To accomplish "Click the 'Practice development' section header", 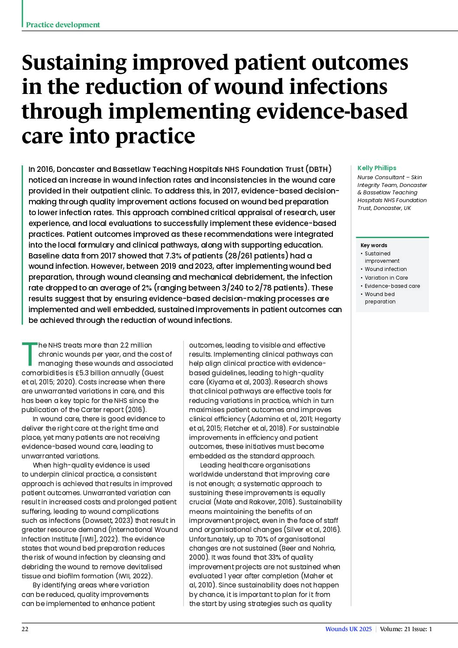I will pyautogui.click(x=63, y=25).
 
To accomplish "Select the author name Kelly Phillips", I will pyautogui.click(x=377, y=168).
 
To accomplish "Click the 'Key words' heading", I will pyautogui.click(x=374, y=245).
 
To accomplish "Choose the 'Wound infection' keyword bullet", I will pyautogui.click(x=385, y=269).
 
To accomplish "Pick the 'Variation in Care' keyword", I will pyautogui.click(x=386, y=277).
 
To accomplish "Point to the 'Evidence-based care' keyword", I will pyautogui.click(x=392, y=286).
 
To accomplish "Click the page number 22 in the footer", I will pyautogui.click(x=25, y=629).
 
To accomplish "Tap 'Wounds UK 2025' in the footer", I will pyautogui.click(x=348, y=629).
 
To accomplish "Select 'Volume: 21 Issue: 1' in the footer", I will pyautogui.click(x=406, y=629).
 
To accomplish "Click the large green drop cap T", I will pyautogui.click(x=29, y=353).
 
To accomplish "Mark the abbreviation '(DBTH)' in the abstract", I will pyautogui.click(x=319, y=169).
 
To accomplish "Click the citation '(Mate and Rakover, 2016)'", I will pyautogui.click(x=254, y=502).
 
